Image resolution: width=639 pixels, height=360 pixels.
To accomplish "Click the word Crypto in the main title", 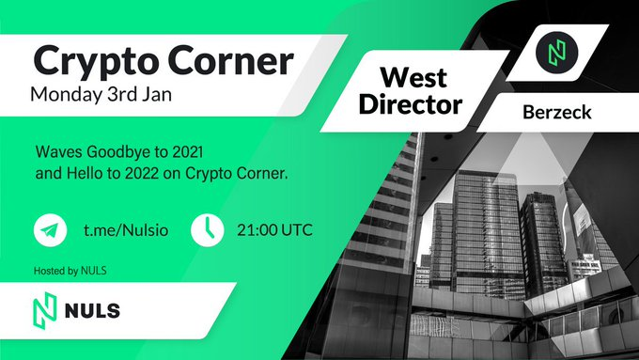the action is (x=97, y=62).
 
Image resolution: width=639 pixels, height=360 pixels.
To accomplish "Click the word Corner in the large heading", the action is (x=230, y=60).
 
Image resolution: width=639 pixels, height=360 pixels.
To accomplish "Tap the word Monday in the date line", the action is (x=67, y=95).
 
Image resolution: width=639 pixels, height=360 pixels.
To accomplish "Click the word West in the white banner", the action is (x=413, y=77).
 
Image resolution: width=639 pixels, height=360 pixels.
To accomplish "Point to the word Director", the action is (x=411, y=104).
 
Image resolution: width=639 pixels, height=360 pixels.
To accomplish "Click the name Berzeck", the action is (x=556, y=112).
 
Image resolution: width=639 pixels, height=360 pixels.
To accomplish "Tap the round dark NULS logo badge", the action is (x=556, y=53).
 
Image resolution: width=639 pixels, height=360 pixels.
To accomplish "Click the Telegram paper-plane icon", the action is (x=50, y=230).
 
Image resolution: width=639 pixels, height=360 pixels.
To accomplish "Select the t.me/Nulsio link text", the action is (x=126, y=230).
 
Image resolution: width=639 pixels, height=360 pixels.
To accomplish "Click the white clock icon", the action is (x=207, y=230).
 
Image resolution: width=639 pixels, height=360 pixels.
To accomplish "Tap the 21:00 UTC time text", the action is (x=274, y=230).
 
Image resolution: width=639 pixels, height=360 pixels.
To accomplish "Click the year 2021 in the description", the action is (x=188, y=152).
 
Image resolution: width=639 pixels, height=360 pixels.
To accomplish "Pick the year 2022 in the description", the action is (x=142, y=174).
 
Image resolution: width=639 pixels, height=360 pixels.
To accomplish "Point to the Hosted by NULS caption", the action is (x=70, y=271).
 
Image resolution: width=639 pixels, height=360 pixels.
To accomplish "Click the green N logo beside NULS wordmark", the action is (x=44, y=311).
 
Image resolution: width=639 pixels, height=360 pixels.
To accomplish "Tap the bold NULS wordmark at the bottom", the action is (x=92, y=311).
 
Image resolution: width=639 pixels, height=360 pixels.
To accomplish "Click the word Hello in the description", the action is (x=84, y=174).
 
